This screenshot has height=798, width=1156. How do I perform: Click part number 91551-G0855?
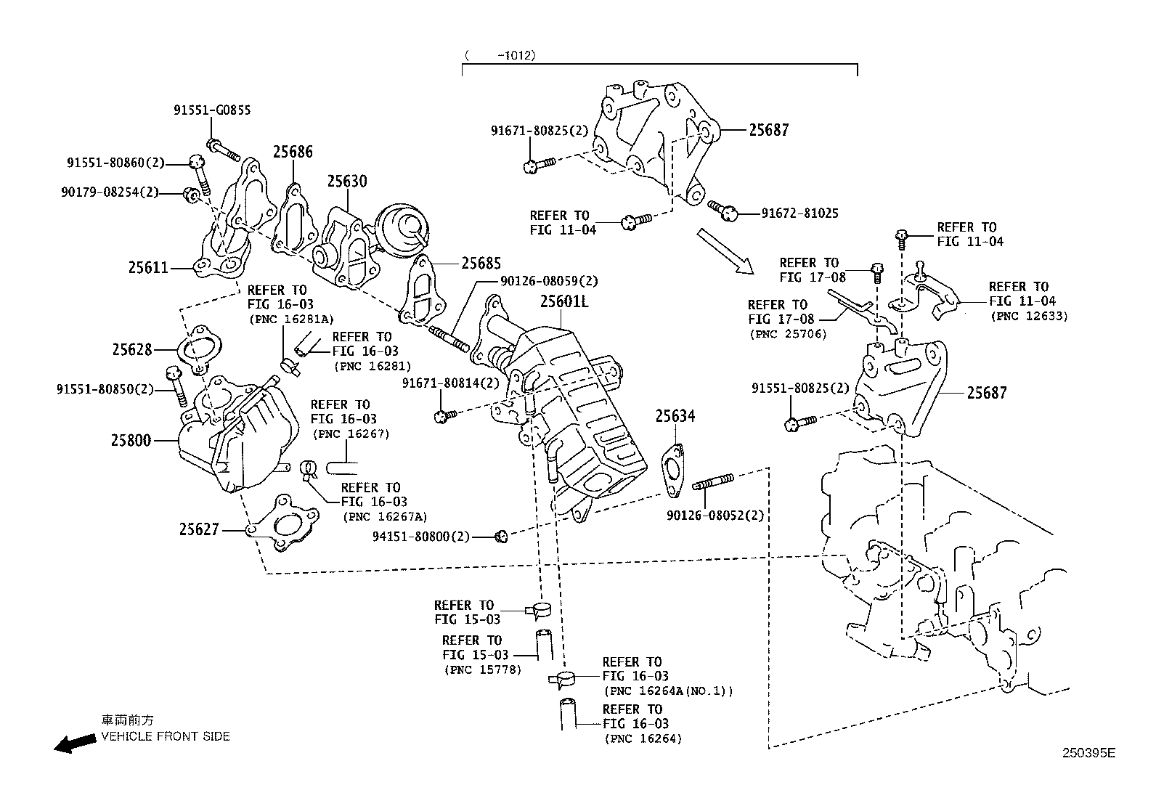click(x=212, y=110)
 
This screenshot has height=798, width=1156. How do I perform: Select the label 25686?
click(x=293, y=152)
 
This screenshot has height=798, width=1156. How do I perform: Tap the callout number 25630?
click(x=346, y=182)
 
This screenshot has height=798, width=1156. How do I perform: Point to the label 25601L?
click(x=564, y=301)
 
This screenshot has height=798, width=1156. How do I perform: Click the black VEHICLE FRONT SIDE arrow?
click(x=75, y=743)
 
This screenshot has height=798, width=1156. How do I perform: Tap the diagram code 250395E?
click(x=1088, y=753)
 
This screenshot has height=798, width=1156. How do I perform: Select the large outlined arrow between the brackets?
click(x=726, y=251)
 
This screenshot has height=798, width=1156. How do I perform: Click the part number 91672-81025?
click(x=799, y=213)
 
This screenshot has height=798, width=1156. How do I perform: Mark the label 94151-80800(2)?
click(x=420, y=537)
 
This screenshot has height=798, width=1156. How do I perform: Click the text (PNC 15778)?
click(x=482, y=669)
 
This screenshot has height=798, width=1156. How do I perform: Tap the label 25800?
click(x=131, y=440)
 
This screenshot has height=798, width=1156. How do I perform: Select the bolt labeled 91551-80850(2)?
click(x=176, y=388)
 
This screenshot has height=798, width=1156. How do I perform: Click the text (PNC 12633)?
click(x=1029, y=316)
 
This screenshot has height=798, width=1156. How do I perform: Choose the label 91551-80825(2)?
click(x=800, y=389)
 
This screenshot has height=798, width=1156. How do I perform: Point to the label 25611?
click(x=149, y=268)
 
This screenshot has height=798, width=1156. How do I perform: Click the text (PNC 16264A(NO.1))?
click(x=668, y=691)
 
